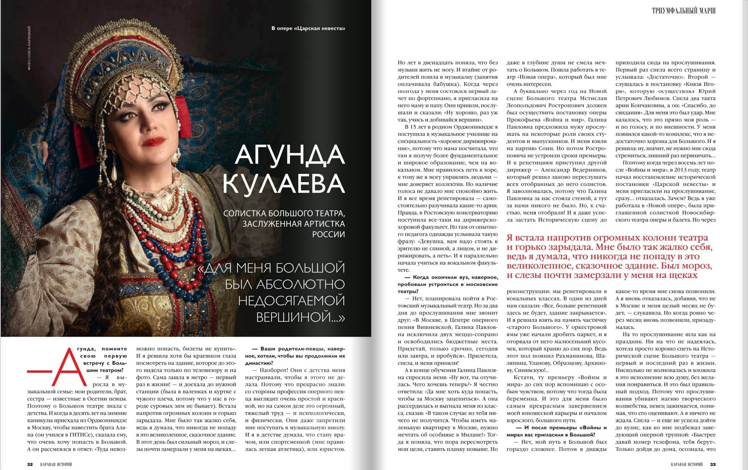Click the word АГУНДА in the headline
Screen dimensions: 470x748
click(290, 155)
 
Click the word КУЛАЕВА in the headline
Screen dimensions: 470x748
click(284, 183)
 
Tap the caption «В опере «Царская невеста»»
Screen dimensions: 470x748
click(308, 28)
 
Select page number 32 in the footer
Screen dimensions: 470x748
click(30, 464)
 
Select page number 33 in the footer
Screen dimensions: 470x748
click(713, 464)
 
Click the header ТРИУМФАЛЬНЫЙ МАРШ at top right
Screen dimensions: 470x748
click(683, 11)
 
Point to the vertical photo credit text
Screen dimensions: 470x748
click(29, 48)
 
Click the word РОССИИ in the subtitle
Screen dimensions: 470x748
click(328, 234)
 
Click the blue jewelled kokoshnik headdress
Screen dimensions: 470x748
click(132, 66)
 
